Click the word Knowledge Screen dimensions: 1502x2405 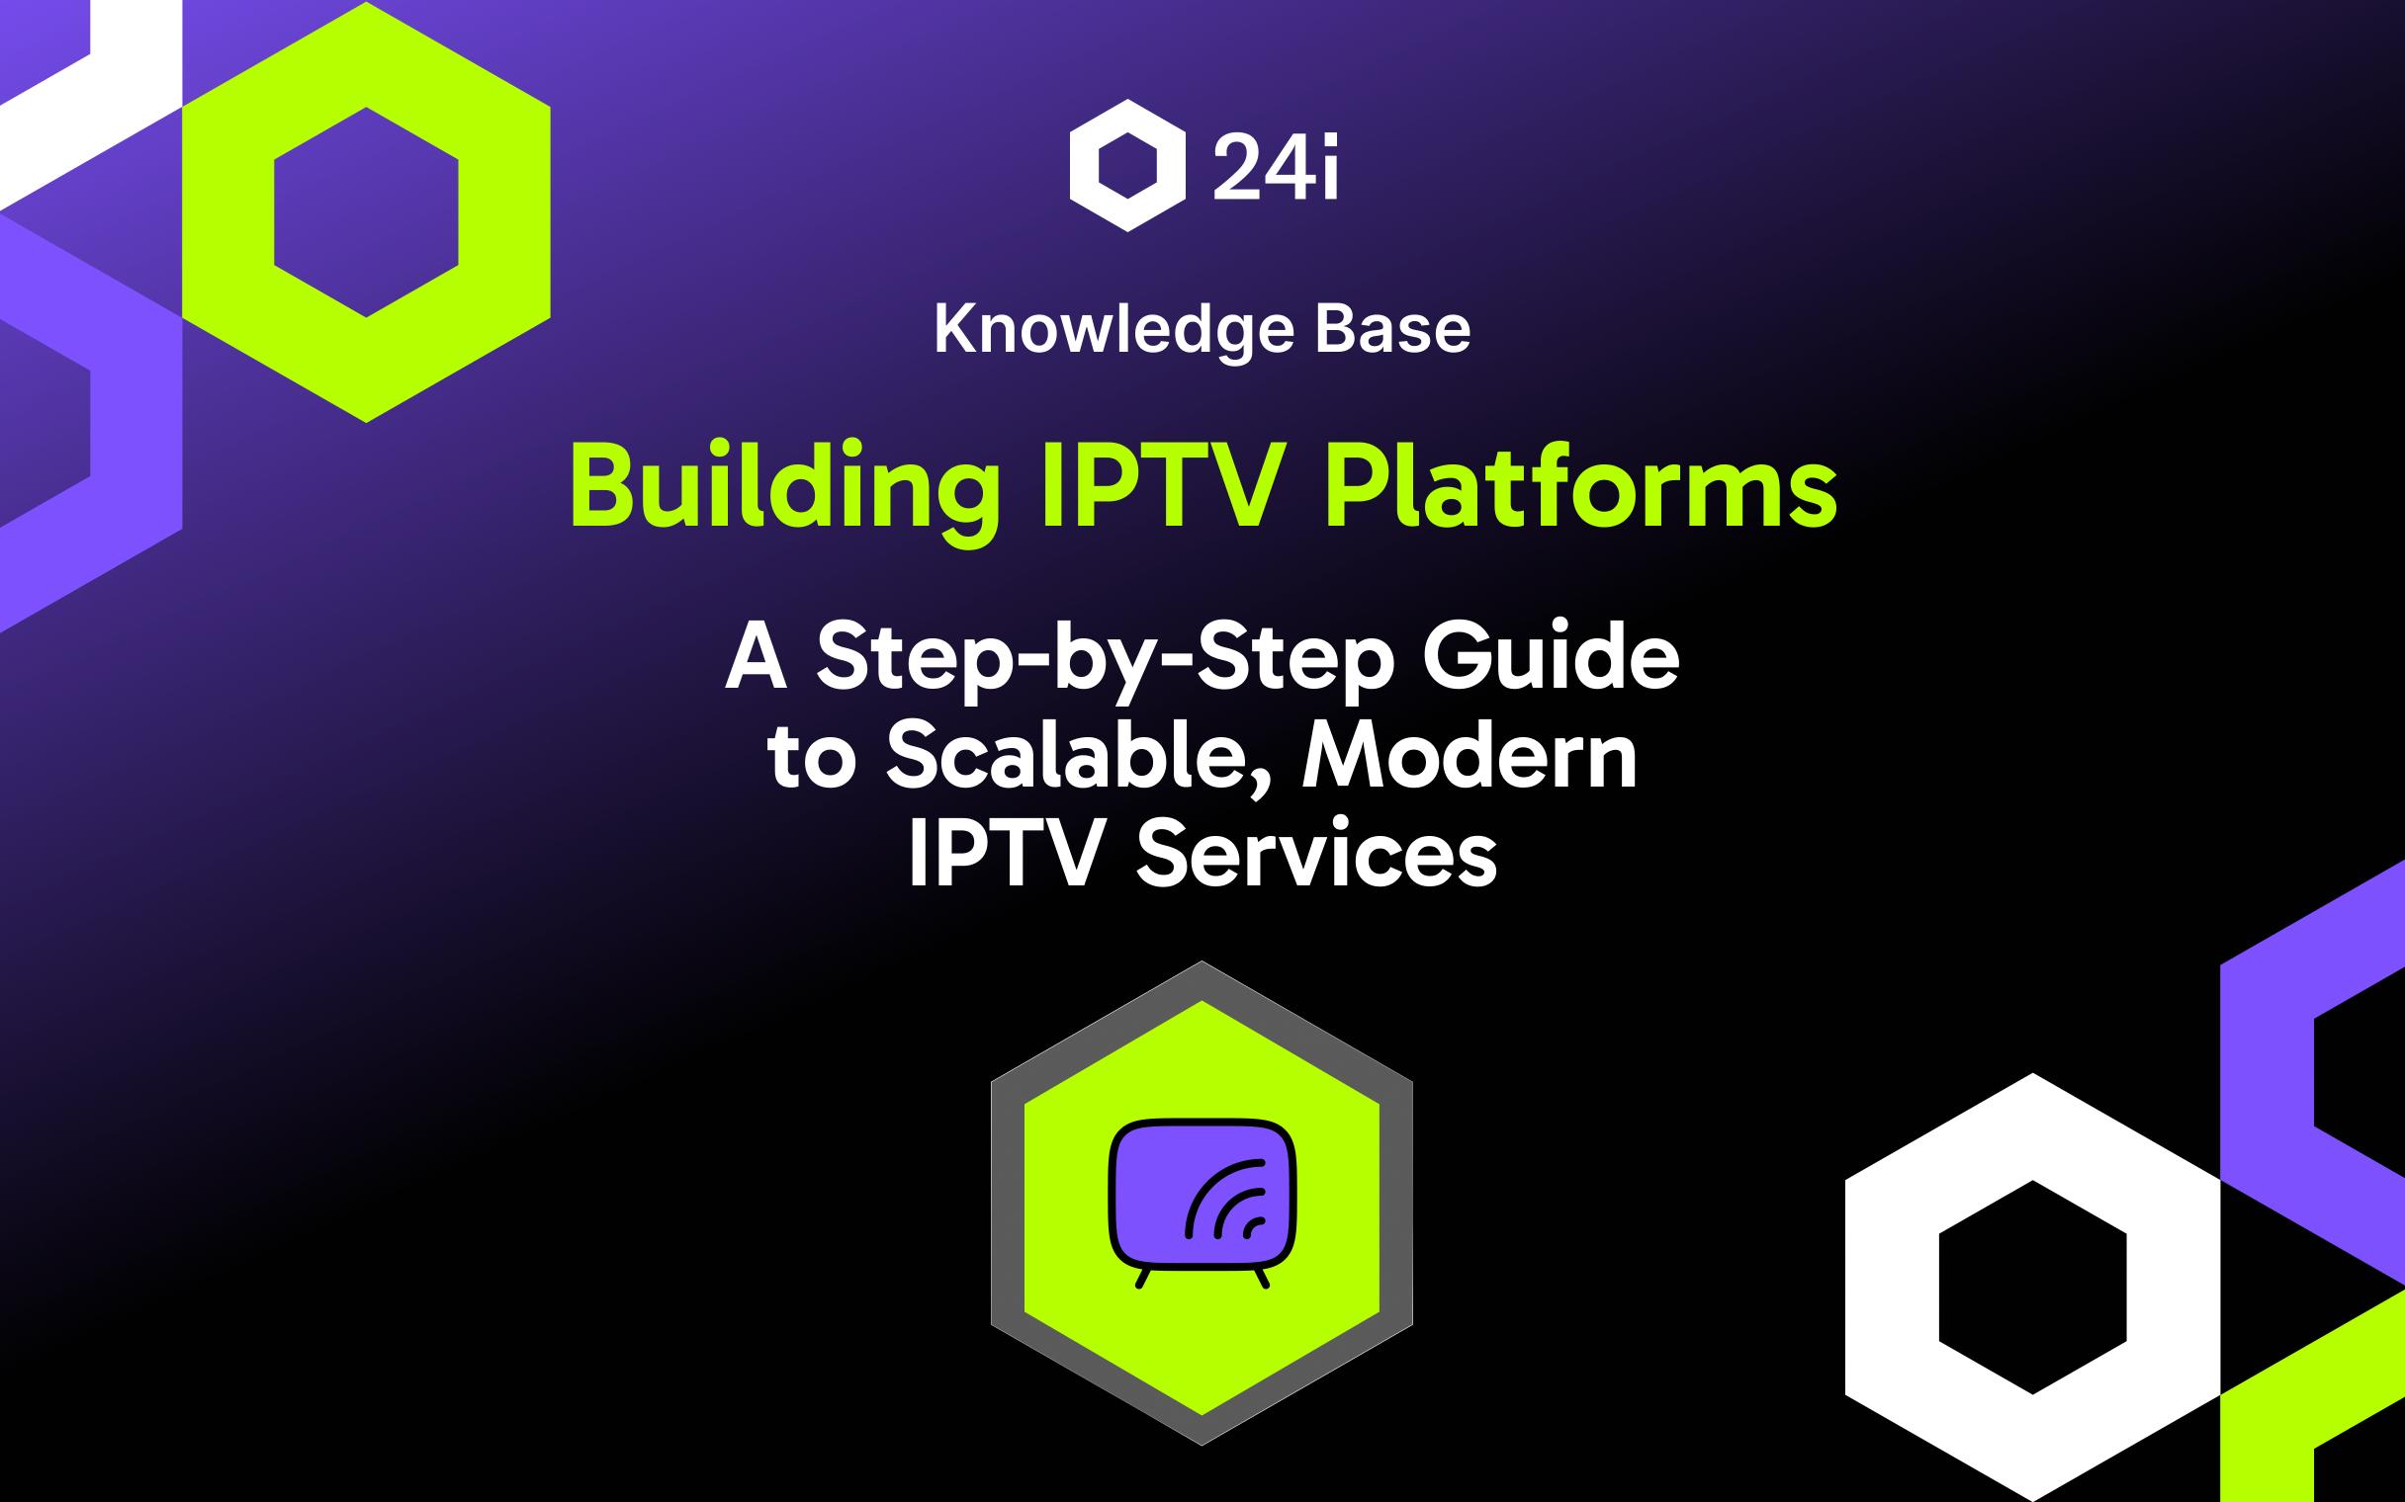coord(1113,330)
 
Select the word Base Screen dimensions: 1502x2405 coord(1393,330)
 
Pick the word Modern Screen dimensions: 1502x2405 coord(1470,757)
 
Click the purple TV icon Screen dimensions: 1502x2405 coord(1153,1192)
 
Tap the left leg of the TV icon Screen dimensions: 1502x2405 coord(1143,1279)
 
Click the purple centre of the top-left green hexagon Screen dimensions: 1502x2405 coord(366,211)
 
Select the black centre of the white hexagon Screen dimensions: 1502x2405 coord(2032,1287)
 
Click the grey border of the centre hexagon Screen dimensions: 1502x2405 coord(1008,1202)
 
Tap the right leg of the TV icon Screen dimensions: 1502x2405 coord(1262,1279)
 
